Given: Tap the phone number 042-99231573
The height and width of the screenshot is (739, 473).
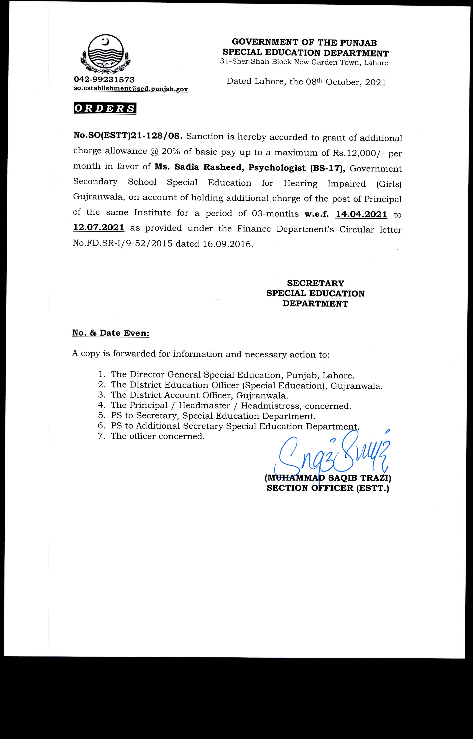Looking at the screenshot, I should pos(104,80).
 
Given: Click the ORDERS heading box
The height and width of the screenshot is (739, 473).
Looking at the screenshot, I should pos(105,109).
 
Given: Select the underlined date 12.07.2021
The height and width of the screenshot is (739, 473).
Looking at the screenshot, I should pos(99,228).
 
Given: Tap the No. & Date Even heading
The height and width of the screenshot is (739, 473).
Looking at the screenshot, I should pos(111,333).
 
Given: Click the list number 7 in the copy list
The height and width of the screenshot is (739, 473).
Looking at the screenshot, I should pos(102,436).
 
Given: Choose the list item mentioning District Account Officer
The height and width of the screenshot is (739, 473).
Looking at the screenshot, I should pos(199,395).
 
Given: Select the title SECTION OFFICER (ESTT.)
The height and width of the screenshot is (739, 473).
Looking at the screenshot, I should pos(328,488).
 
